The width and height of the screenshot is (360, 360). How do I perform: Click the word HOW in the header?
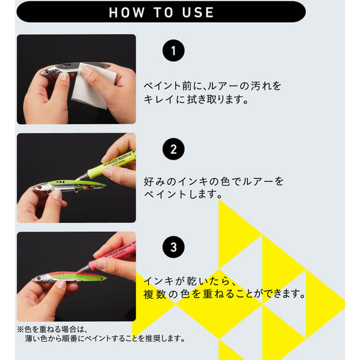[x=126, y=13]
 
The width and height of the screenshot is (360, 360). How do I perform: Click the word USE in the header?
[x=198, y=13]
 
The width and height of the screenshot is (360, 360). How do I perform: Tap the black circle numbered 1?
[x=173, y=51]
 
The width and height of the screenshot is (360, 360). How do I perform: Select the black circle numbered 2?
[x=173, y=149]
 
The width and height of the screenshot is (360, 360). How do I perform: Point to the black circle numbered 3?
[x=173, y=247]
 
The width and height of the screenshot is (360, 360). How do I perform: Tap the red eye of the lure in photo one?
[x=47, y=72]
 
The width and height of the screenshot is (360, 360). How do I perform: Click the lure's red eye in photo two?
[x=39, y=187]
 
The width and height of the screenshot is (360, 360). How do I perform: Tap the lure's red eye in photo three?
[x=39, y=278]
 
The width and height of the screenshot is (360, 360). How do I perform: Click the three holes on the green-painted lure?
[x=60, y=182]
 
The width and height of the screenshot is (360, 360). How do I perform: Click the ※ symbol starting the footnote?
[x=20, y=329]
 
